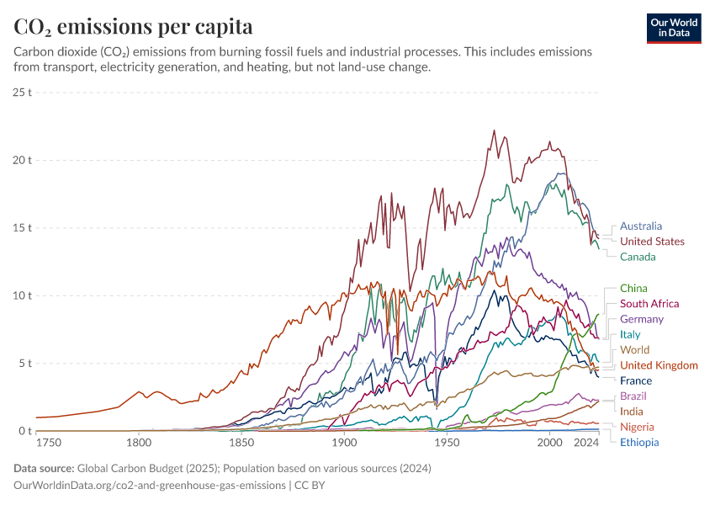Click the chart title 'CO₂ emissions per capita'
[134, 27]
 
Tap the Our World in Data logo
[673, 28]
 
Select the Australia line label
[641, 226]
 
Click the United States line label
[652, 242]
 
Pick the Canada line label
[638, 257]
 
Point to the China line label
[633, 289]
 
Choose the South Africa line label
[649, 304]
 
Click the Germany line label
[642, 319]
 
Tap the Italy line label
[630, 335]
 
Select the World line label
[634, 350]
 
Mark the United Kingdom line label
[659, 365]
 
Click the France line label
[635, 381]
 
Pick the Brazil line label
[633, 396]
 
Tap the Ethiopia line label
[639, 443]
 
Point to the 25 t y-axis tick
[23, 92]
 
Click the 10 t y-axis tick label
[23, 295]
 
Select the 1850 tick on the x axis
[241, 443]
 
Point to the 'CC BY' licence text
[310, 486]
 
